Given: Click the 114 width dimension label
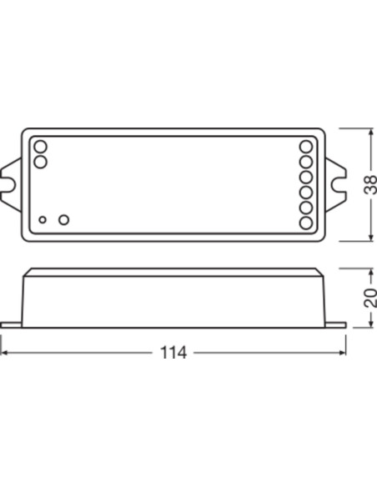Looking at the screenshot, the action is [173, 353].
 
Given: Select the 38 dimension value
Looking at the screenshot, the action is [369, 185].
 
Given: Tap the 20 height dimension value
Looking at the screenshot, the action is [370, 298].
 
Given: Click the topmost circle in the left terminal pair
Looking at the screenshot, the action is [40, 147].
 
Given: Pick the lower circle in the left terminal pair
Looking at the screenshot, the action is [40, 162].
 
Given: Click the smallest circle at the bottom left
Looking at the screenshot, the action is [43, 220].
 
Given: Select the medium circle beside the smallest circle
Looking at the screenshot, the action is [63, 219].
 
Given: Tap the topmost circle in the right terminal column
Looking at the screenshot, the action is [306, 147].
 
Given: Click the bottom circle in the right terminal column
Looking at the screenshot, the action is [306, 223].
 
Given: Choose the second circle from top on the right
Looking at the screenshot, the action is [306, 162].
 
